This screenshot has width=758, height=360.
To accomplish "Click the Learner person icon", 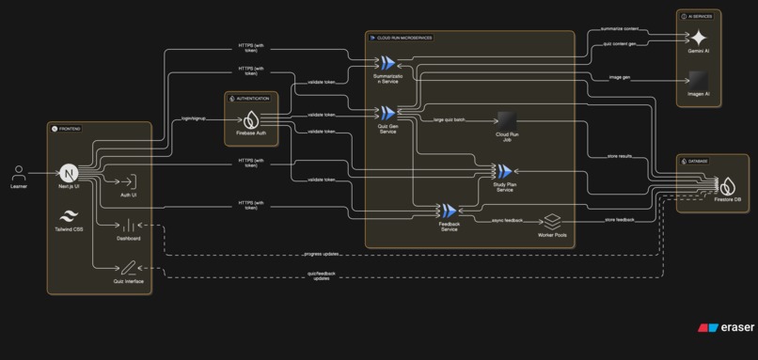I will tap(19, 173).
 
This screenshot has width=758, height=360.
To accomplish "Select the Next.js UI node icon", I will tap(69, 173).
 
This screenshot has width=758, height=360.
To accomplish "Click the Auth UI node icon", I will tap(129, 181).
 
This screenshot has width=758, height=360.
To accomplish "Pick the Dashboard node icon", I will tap(129, 225).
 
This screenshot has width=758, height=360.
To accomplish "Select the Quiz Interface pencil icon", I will tap(129, 268).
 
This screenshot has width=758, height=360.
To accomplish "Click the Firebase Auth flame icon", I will tap(251, 120).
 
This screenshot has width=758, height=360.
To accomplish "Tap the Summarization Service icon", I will tap(361, 62).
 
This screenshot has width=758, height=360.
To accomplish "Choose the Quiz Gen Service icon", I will tap(361, 113).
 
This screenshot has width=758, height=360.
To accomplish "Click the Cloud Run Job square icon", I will tap(507, 120).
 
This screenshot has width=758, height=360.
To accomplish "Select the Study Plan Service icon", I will tap(504, 170).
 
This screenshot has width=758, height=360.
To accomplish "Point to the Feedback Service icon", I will tap(449, 211).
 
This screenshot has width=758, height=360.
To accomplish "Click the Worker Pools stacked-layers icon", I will tap(552, 221).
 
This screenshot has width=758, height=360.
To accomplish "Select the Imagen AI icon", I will tap(698, 81).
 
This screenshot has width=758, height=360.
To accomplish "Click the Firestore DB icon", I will tap(726, 185).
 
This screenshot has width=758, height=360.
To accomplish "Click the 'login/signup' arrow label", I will tap(195, 119).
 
